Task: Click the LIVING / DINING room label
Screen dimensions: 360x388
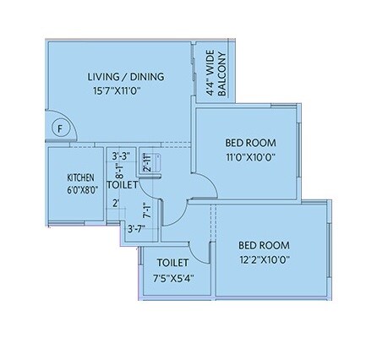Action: [x=126, y=78]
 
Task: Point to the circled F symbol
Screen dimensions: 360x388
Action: [x=59, y=128]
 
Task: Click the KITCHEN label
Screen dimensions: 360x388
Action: [x=82, y=178]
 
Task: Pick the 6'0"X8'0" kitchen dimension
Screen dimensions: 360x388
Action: [x=82, y=190]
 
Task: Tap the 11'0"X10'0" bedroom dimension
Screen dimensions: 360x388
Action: [x=250, y=156]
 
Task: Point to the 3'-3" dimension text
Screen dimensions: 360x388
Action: [x=121, y=155]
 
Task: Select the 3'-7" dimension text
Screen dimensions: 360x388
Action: [x=135, y=227]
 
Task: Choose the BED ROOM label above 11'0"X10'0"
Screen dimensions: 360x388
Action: [x=250, y=142]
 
